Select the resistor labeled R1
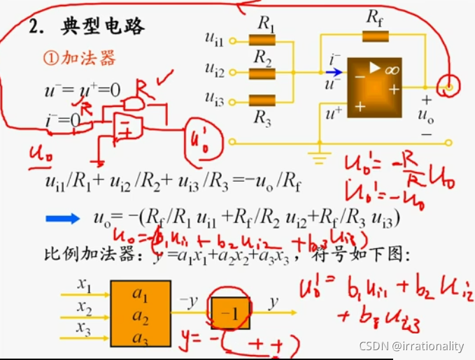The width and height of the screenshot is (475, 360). [x=263, y=40]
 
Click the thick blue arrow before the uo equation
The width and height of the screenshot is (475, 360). [x=64, y=219]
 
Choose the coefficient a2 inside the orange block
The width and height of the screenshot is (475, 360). [x=140, y=319]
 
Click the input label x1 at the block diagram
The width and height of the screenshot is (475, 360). [x=85, y=285]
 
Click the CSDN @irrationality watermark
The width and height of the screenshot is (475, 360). [x=411, y=346]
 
